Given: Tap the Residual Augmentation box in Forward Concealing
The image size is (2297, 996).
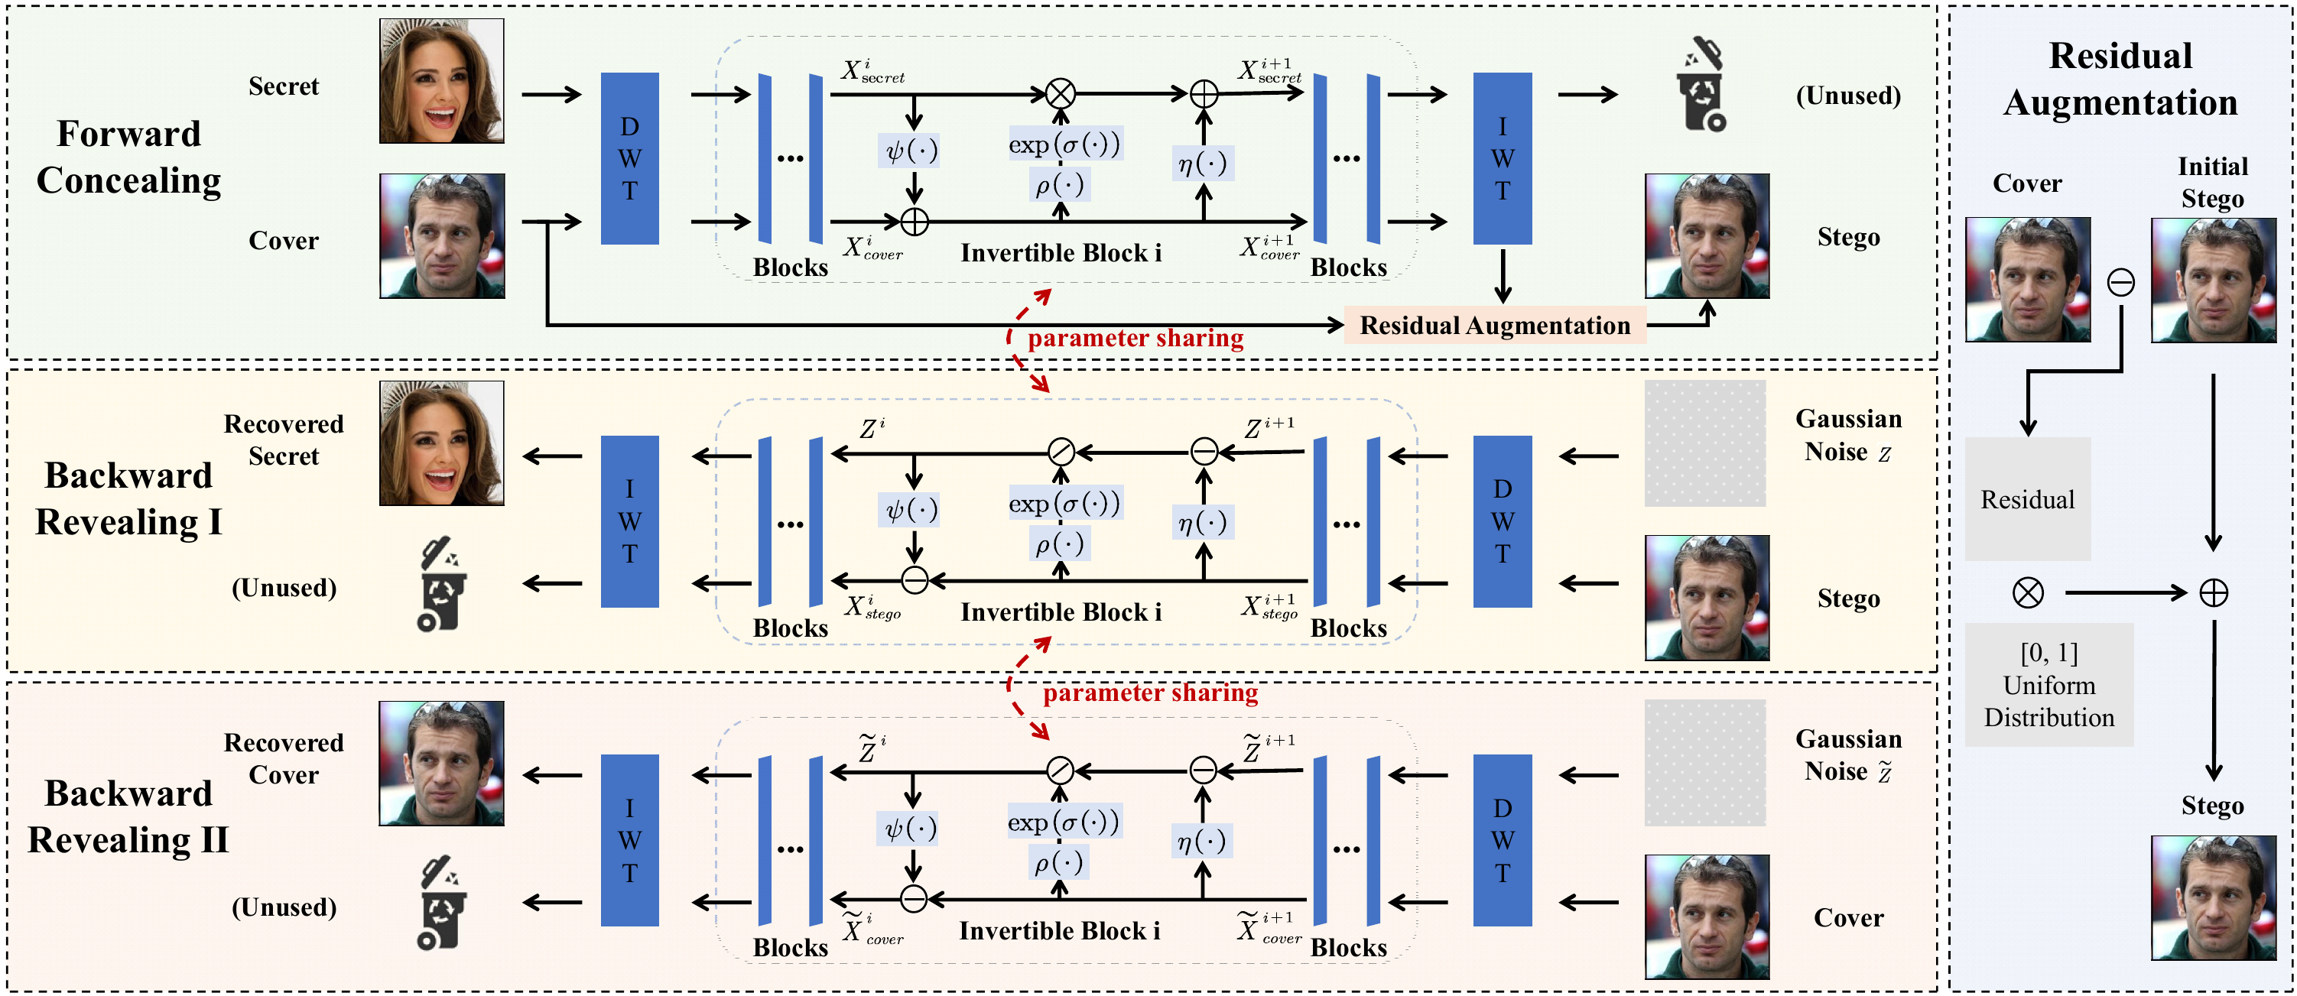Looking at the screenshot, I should coord(1494,326).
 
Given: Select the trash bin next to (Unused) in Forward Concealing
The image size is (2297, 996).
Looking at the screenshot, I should coord(1702,86).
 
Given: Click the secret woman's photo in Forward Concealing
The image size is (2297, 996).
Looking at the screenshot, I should coord(441,81).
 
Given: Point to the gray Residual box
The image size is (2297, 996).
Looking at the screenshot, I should coord(2027,498).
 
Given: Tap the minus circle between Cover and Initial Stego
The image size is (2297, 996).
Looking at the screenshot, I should coord(2120,283).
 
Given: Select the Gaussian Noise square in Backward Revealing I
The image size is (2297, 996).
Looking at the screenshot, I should coord(1705,443).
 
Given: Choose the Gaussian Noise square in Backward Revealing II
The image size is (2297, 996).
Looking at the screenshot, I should coord(1705,762).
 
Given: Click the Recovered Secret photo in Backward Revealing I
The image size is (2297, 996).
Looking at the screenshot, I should coord(441,443).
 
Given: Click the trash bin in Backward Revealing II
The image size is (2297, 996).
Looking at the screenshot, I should coord(440,903).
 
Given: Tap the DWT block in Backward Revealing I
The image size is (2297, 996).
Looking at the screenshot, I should coord(1502,521).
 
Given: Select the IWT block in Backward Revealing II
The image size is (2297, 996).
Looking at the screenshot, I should coord(629,840).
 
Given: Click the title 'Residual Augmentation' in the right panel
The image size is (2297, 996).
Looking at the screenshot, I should coord(2120,79).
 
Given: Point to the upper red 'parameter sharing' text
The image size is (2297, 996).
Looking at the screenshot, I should coord(1136,338).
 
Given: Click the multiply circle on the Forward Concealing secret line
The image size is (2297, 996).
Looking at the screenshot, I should coord(1061,92).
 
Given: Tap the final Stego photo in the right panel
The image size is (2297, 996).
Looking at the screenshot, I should coord(2213,897).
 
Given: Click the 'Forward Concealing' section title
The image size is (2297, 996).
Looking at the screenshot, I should coord(128,157).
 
